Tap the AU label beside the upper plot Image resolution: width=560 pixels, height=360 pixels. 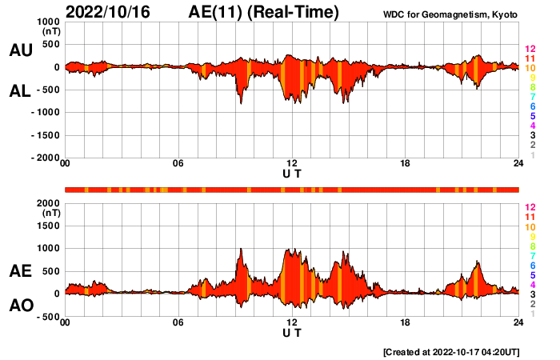click(20, 50)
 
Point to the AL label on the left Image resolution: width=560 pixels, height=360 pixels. click(20, 91)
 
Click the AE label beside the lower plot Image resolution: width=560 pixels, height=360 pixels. click(20, 272)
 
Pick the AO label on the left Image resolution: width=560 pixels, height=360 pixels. click(20, 306)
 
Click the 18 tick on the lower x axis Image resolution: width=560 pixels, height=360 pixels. click(406, 322)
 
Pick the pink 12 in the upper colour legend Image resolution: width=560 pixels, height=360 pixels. click(529, 49)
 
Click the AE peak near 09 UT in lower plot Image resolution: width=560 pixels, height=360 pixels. click(241, 250)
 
